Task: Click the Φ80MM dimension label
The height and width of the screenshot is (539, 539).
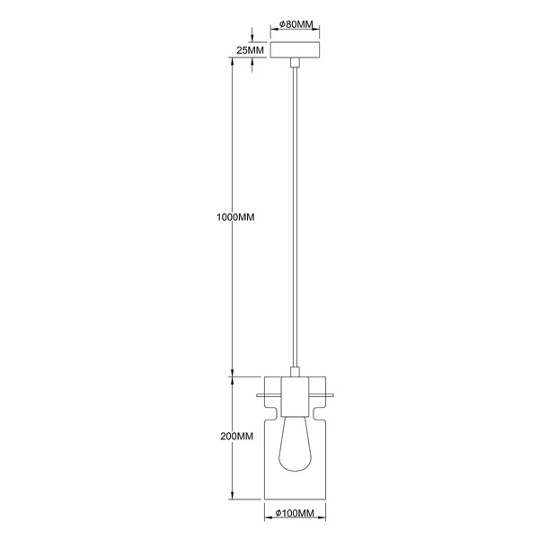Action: (296, 24)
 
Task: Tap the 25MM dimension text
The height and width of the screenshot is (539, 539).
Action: (251, 50)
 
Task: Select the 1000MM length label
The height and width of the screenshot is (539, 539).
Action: (235, 217)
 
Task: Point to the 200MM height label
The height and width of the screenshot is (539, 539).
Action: (237, 437)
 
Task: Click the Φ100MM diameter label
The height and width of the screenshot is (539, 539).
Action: (295, 513)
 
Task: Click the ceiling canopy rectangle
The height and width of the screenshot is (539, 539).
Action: (295, 49)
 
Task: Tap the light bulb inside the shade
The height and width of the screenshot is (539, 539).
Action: (295, 444)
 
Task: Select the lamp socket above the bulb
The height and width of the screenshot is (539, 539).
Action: (295, 397)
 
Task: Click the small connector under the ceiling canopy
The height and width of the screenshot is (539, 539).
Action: (295, 63)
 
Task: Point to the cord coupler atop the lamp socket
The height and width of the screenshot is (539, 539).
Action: (295, 372)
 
